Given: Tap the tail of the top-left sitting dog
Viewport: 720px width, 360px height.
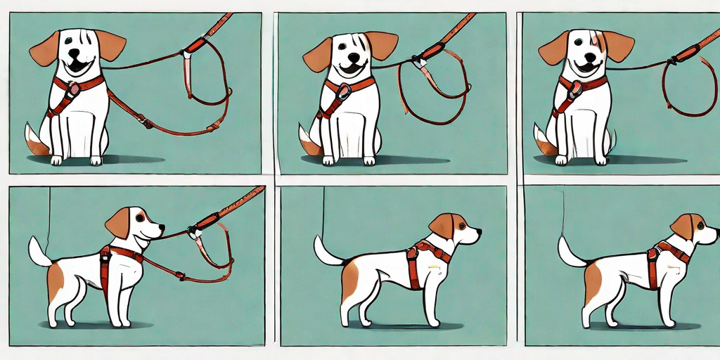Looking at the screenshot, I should tap(35, 141).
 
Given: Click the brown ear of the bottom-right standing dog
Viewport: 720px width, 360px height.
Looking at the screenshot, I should tap(682, 226).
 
